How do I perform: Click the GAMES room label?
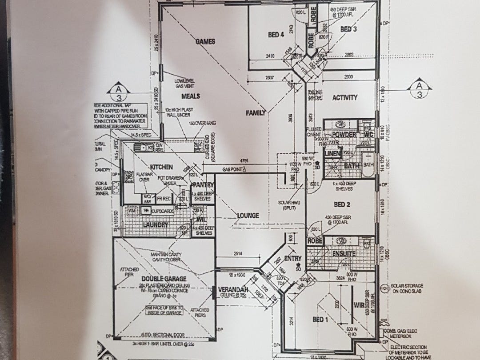[x=205, y=42]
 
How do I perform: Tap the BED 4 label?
[x=276, y=35]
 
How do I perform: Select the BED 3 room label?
[x=348, y=29]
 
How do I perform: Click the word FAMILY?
[x=256, y=113]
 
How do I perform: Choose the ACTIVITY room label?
[x=345, y=98]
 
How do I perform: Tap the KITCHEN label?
[x=161, y=167]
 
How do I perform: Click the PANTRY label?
[x=203, y=185]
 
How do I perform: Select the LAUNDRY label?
[x=156, y=225]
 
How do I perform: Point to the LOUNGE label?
[x=248, y=216]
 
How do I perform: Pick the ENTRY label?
[x=292, y=258]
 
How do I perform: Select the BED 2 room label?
[x=343, y=204]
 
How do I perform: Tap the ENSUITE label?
[x=344, y=254]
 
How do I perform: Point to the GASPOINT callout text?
[x=233, y=169]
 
